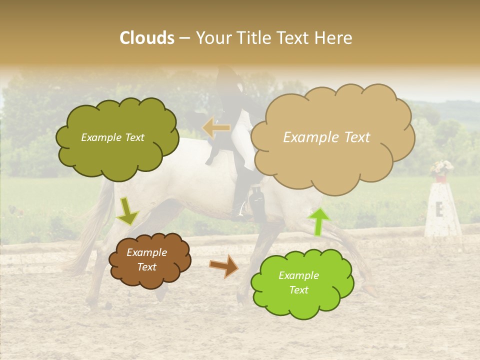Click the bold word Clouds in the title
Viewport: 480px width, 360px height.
[147, 38]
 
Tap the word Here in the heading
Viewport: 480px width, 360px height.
[333, 38]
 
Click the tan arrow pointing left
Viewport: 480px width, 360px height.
[216, 128]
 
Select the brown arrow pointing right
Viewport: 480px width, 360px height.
[224, 266]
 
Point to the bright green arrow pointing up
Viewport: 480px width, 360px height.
[319, 221]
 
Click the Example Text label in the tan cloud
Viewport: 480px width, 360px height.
[326, 137]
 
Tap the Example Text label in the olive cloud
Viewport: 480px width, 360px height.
[112, 137]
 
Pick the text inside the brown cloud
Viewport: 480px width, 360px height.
[147, 259]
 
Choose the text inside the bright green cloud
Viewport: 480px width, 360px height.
[298, 282]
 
